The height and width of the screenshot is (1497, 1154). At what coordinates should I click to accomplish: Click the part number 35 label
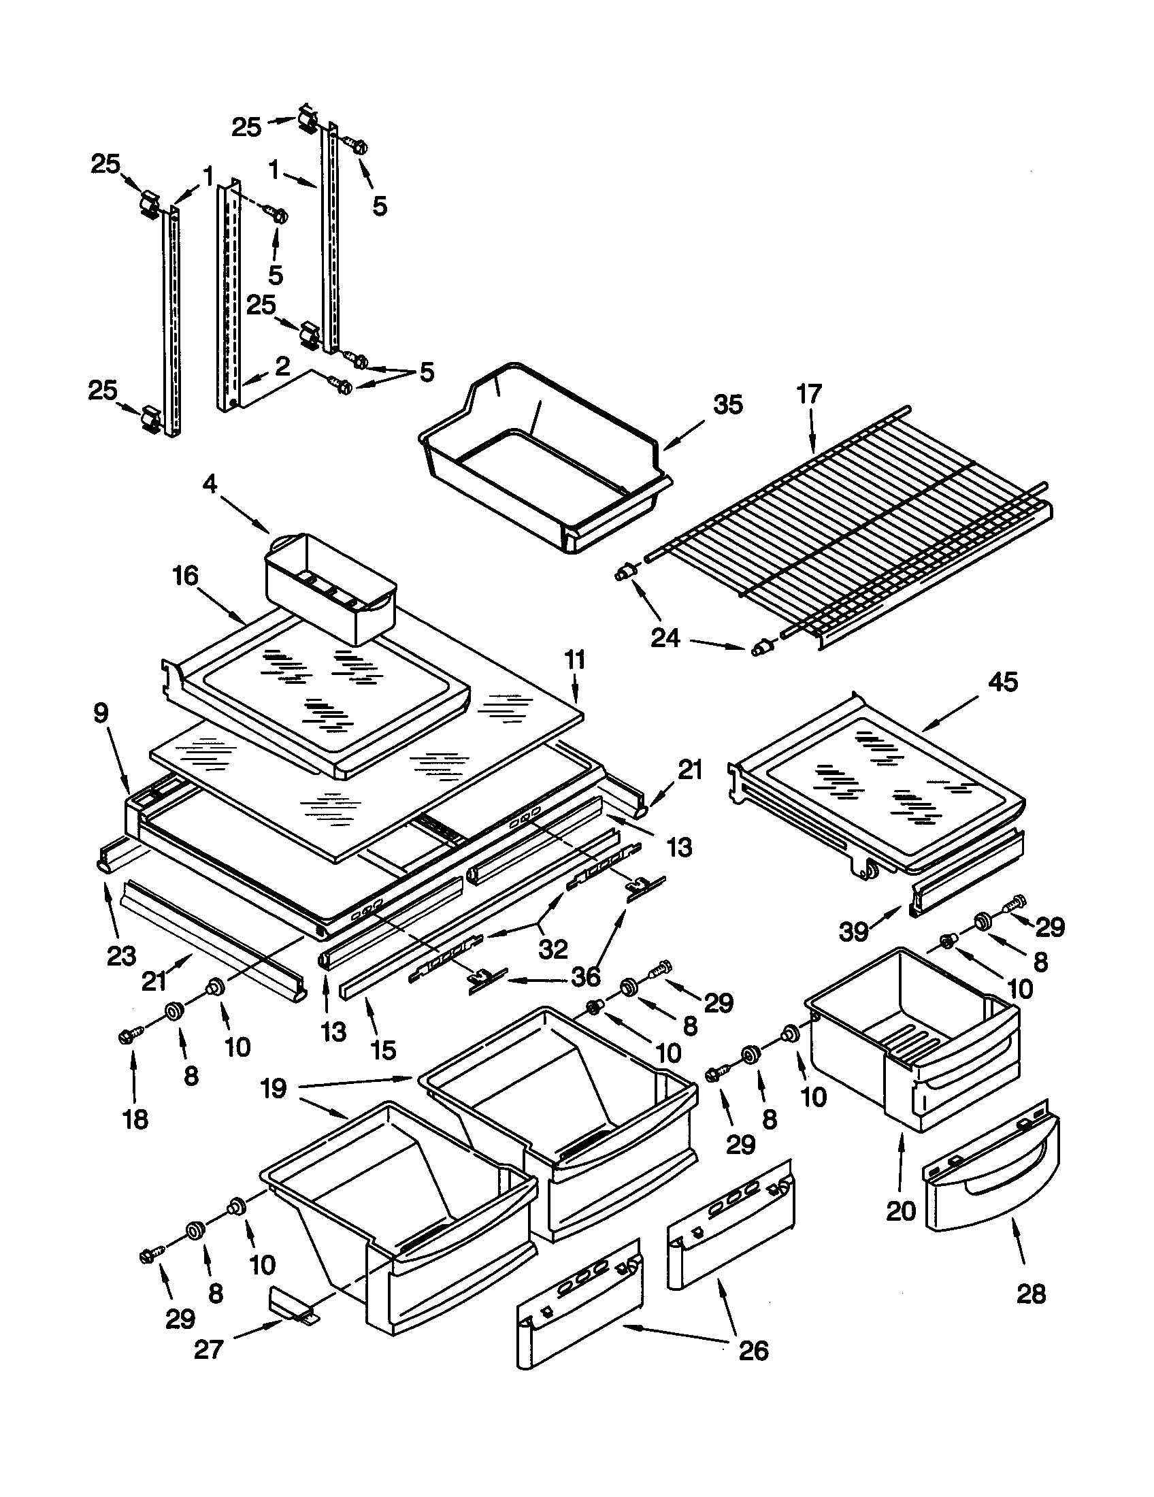pos(728,405)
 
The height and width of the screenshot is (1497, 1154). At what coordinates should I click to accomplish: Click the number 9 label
pos(100,714)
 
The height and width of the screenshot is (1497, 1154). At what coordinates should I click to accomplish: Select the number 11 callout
pos(575,660)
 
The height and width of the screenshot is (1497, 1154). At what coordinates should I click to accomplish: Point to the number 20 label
pos(900,1211)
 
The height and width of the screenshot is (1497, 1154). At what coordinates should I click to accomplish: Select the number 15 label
pos(382,1049)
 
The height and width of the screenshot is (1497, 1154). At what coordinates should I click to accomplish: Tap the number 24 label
pos(665,638)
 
